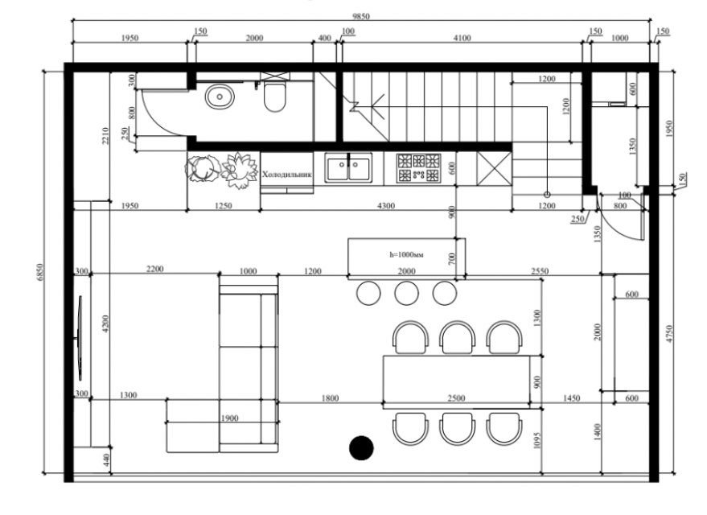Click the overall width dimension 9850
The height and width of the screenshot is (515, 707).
coord(360,17)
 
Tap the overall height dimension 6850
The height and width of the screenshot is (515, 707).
coord(39,272)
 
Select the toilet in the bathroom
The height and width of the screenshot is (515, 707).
coord(274,97)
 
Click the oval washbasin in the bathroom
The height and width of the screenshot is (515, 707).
coord(220,97)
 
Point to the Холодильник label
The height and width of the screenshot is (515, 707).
coord(287,175)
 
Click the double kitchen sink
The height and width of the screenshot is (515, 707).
coord(348,168)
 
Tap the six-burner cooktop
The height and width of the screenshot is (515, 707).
coord(419,168)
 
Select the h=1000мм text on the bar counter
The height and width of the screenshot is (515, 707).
coord(406,255)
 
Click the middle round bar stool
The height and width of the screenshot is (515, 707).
coord(406,293)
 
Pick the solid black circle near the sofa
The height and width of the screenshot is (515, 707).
coord(361,447)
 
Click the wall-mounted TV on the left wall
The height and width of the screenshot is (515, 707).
coord(80,338)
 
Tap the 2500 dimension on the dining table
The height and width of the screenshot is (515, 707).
coord(456,398)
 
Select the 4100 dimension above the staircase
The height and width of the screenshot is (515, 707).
coord(462,39)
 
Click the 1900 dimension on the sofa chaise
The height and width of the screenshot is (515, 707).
coord(229,418)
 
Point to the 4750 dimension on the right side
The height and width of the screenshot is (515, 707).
coord(669,334)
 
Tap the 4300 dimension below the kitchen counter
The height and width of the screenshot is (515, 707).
coord(386,206)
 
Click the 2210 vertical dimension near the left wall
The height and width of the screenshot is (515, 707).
coord(105,136)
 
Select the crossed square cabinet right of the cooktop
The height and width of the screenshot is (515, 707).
coord(494,169)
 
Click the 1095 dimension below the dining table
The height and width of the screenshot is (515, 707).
coord(536,439)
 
